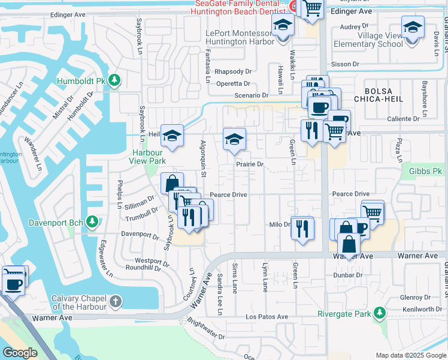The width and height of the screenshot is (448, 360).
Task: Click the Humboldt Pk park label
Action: [80, 81]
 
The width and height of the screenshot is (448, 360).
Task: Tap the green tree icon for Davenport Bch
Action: [92, 223]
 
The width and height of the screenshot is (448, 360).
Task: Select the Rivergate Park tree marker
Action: [379, 313]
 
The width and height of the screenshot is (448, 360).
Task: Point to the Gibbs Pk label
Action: [425, 171]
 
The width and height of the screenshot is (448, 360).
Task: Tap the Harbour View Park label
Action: [149, 157]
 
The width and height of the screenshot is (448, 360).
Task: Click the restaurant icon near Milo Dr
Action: [302, 228]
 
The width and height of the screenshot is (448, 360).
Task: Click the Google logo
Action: [19, 353]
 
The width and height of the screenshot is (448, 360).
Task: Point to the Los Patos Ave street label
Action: [267, 317]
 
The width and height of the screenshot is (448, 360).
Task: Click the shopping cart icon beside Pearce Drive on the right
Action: [373, 211]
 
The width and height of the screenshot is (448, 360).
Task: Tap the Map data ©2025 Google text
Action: [410, 355]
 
